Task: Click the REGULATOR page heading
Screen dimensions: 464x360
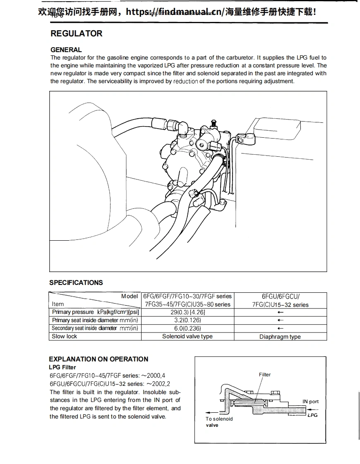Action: (76, 34)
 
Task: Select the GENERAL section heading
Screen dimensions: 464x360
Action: (66, 50)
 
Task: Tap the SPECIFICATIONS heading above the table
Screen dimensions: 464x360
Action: (76, 283)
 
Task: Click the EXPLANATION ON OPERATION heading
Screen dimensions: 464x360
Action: (98, 359)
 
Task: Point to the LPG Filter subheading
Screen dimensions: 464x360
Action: (62, 367)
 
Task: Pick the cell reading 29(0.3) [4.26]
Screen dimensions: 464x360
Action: (187, 312)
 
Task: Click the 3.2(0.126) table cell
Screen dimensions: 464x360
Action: (187, 320)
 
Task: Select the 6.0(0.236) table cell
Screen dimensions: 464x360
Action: (187, 328)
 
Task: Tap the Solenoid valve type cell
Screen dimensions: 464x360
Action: (187, 336)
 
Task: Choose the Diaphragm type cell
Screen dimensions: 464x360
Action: (280, 337)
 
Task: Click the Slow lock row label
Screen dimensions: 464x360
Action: (64, 336)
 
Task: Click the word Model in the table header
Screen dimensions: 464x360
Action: (130, 296)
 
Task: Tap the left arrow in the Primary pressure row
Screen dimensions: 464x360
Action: (281, 312)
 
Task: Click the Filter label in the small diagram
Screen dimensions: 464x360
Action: (265, 375)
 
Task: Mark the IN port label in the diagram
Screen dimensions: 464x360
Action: (310, 402)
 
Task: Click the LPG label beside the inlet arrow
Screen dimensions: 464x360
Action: (312, 415)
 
